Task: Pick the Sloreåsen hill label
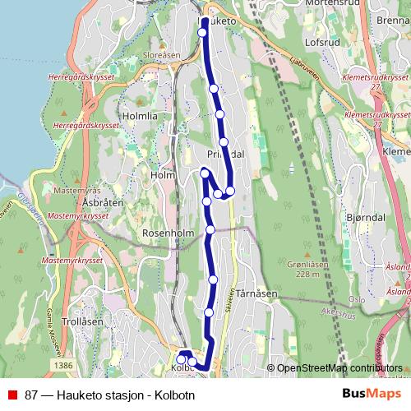[161, 55]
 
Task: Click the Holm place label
[164, 174]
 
